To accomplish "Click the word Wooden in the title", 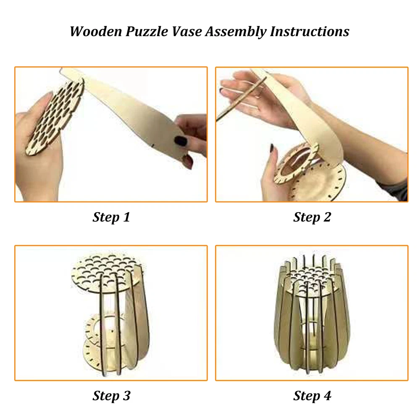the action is (x=96, y=31).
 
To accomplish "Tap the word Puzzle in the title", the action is (x=147, y=32).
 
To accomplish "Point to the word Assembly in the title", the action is (x=236, y=32).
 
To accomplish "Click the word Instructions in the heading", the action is (x=310, y=31).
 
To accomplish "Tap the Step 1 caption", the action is (x=111, y=217).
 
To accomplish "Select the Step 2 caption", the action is (x=312, y=217).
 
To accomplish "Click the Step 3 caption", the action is (x=111, y=396).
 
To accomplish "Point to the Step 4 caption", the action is (x=312, y=396).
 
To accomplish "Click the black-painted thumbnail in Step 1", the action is (x=180, y=140).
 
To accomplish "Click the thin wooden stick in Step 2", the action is (x=241, y=99).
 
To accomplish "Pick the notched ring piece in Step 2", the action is (x=296, y=164).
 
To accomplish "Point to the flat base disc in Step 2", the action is (x=319, y=182).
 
